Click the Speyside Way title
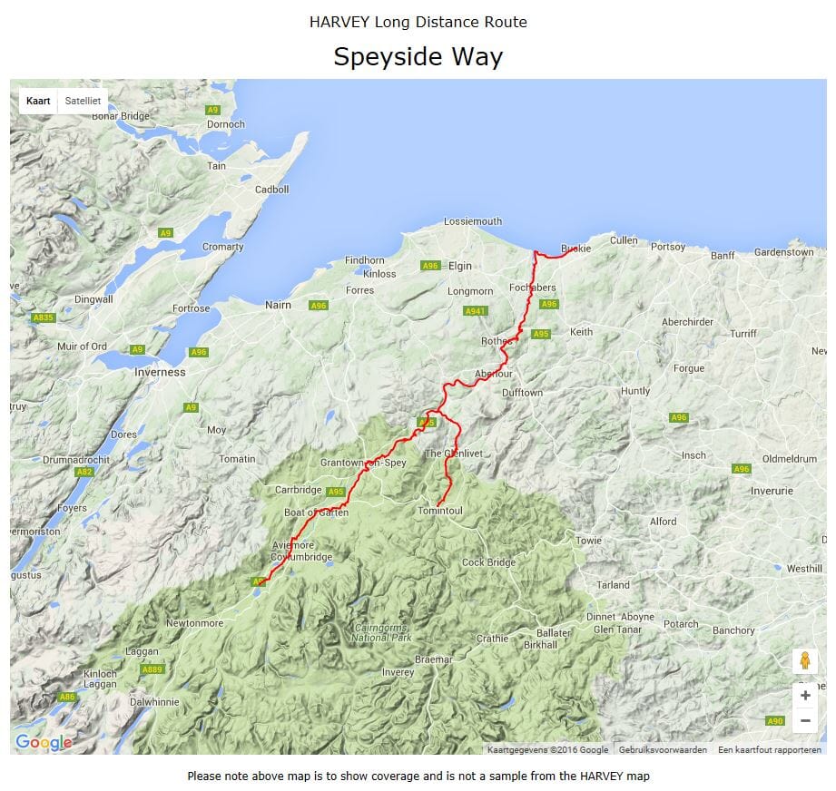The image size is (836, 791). coord(418,57)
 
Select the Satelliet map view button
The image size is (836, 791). coord(83,101)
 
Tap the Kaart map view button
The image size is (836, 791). coord(38,101)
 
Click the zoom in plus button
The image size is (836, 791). coord(804,696)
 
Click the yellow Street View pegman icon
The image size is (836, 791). coord(804,661)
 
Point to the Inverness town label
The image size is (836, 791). coord(160,372)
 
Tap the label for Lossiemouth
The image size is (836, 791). coord(472,221)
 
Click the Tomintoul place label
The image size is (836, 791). coord(439,512)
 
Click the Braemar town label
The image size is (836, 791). coord(433,659)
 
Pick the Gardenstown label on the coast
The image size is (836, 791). coord(784,252)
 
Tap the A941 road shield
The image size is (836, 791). coord(475,311)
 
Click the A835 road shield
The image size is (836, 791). coord(44,318)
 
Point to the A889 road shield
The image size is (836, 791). coord(152,669)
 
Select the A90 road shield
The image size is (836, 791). coord(774,721)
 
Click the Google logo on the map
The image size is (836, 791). coord(44,743)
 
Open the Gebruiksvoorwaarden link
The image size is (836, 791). coord(663,750)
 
